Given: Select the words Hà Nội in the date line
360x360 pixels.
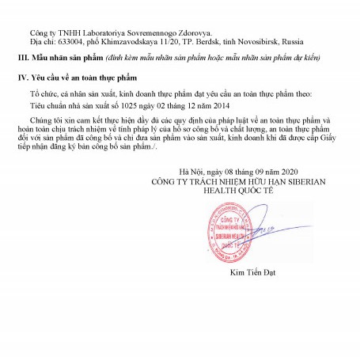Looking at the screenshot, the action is pyautogui.click(x=192, y=172).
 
